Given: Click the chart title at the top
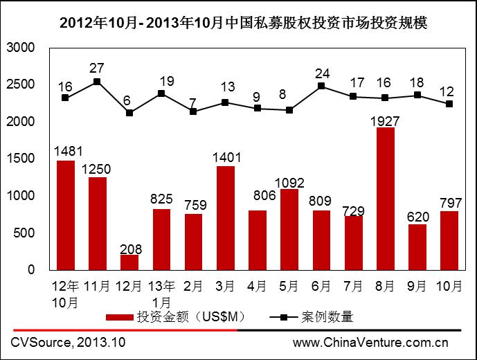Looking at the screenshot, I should (x=238, y=22).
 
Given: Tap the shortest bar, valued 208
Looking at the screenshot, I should (x=129, y=262).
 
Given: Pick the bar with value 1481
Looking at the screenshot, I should (x=65, y=215).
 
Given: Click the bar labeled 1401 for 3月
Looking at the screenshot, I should (x=225, y=218).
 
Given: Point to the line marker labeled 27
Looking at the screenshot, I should (x=97, y=82).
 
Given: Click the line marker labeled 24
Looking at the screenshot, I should (x=321, y=86).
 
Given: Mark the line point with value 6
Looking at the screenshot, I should (x=129, y=112).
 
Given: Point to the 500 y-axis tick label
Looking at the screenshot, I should (x=25, y=233).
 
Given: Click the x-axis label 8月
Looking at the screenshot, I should (x=385, y=286).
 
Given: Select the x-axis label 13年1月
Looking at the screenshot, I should (x=161, y=294).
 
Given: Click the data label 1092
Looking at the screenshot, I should (x=289, y=183).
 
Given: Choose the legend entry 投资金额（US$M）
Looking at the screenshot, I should (x=176, y=317).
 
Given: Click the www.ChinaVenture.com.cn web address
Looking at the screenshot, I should (x=370, y=342).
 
